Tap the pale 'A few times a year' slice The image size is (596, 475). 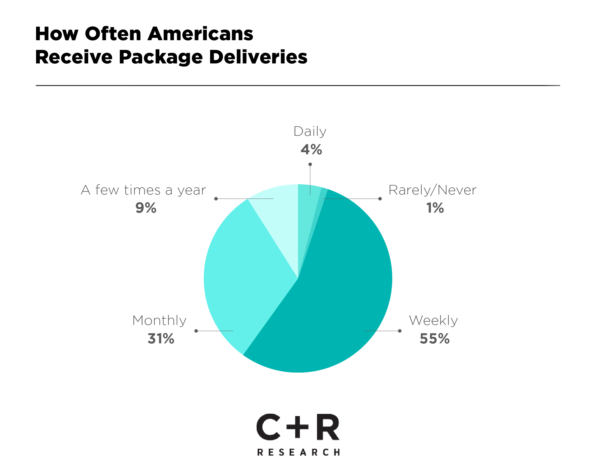(x=280, y=214)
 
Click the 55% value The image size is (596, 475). (x=434, y=339)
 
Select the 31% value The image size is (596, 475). (x=161, y=339)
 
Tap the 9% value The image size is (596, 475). (x=146, y=208)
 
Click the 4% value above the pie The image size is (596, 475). (x=311, y=149)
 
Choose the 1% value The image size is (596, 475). (x=435, y=208)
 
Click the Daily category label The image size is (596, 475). (x=310, y=131)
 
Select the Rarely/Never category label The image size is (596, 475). (x=432, y=190)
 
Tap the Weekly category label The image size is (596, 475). (x=433, y=320)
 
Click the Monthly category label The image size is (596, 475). (x=159, y=320)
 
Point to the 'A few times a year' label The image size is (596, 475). (x=143, y=190)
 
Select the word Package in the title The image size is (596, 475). (x=161, y=57)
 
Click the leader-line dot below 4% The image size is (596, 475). (x=310, y=164)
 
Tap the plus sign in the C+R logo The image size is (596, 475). (x=297, y=426)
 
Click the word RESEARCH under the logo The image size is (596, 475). (x=298, y=452)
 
